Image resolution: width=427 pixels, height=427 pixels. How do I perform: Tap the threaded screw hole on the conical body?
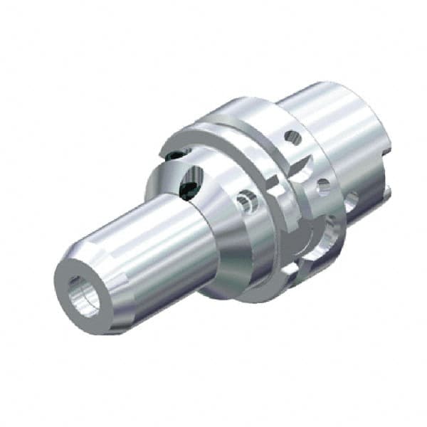point(247,204)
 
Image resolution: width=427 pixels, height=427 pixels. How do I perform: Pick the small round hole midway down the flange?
point(324,187)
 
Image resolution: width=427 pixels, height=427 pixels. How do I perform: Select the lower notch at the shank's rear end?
point(390,189)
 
